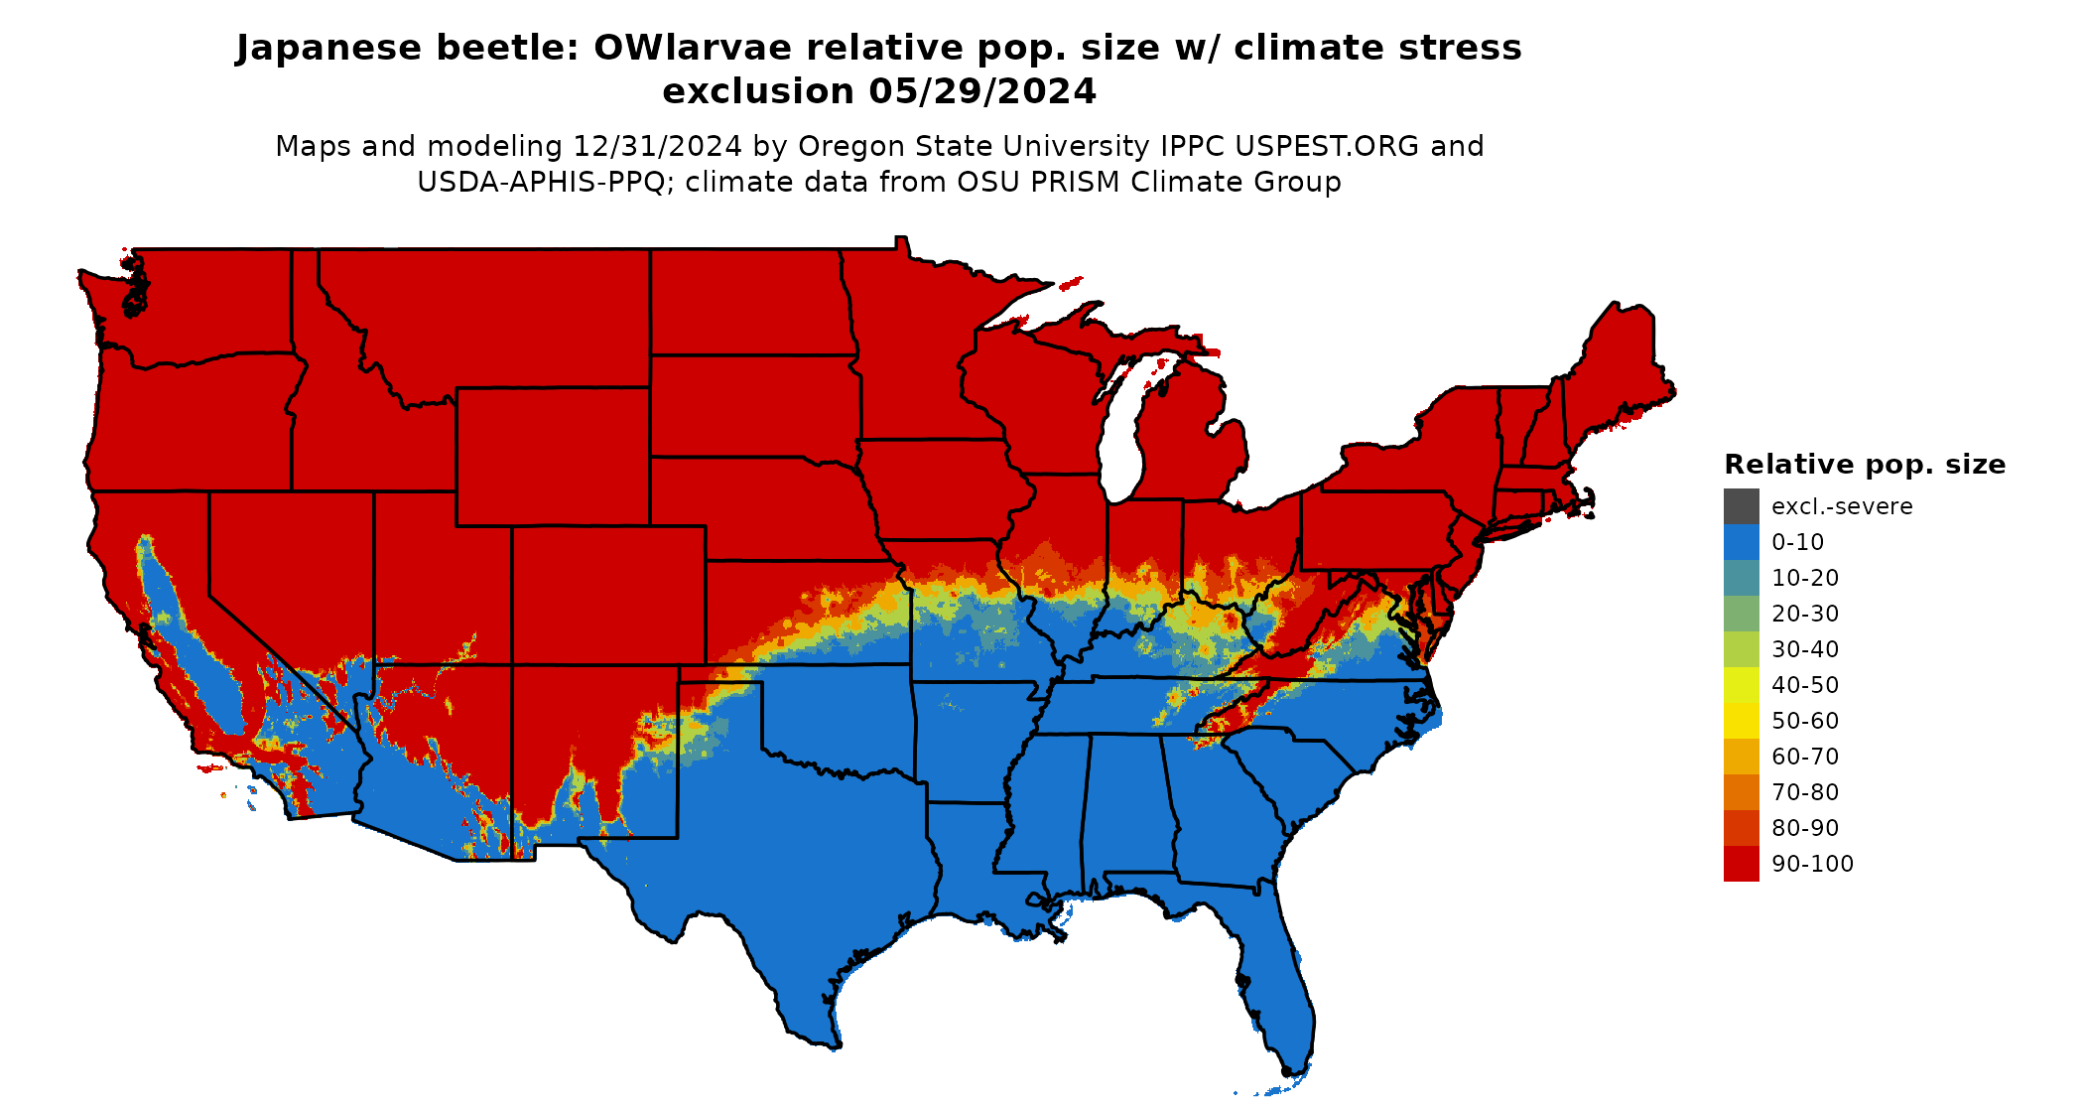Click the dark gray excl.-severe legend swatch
(x=1741, y=506)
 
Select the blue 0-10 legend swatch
(x=1741, y=542)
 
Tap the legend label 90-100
(x=1812, y=864)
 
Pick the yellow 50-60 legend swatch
(x=1741, y=721)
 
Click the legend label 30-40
(x=1804, y=649)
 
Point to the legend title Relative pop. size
(x=1864, y=465)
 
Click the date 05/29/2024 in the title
(x=982, y=91)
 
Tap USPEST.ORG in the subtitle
(x=1327, y=146)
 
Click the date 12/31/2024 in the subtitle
(x=657, y=146)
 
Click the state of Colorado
(x=608, y=596)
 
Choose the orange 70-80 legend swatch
(x=1741, y=792)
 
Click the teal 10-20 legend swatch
(x=1741, y=578)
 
